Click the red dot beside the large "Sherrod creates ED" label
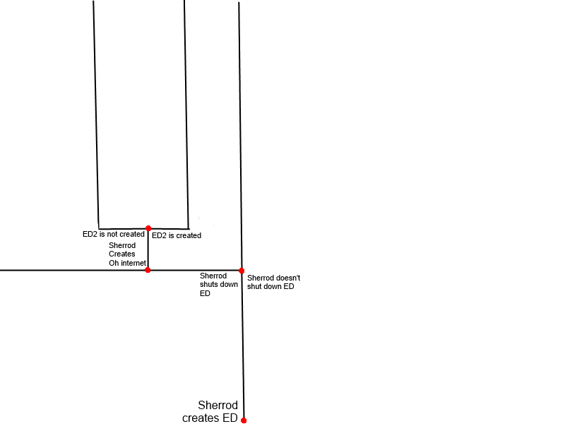(x=244, y=420)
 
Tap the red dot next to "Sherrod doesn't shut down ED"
(x=242, y=271)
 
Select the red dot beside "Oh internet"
(x=148, y=269)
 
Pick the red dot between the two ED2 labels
(x=148, y=228)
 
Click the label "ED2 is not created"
(x=114, y=234)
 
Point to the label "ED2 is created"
(x=177, y=235)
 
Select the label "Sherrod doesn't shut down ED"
(x=274, y=282)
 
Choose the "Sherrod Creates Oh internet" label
(x=127, y=254)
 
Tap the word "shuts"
(x=210, y=284)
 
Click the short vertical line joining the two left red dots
(x=148, y=249)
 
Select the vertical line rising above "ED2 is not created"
(x=96, y=113)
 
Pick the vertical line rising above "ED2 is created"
(x=186, y=113)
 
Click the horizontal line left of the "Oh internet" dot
(x=71, y=270)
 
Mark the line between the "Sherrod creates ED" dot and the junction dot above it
(x=243, y=346)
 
